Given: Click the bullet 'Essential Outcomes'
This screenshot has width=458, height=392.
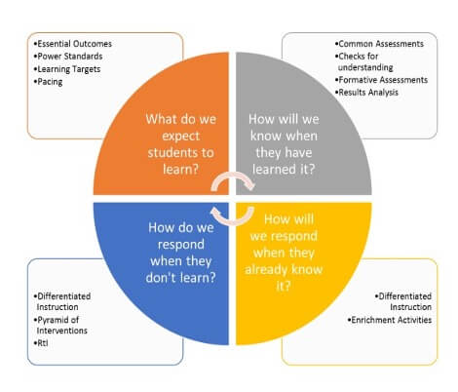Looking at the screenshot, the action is [73, 44].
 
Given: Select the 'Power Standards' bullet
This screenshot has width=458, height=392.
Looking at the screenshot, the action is [68, 57].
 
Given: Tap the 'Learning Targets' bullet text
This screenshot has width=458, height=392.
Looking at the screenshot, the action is [67, 69].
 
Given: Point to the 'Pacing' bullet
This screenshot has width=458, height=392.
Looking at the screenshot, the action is [48, 82].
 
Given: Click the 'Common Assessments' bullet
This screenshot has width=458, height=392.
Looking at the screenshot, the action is [379, 44].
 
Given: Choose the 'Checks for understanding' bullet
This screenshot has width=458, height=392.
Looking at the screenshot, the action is [364, 61].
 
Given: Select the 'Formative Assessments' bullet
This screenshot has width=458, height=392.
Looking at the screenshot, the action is [381, 80].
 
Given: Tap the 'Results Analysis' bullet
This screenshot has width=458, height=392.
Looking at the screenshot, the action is [366, 93].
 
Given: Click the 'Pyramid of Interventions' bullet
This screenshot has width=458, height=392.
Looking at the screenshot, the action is [60, 325].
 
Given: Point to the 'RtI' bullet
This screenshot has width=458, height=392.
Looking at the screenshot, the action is [41, 343].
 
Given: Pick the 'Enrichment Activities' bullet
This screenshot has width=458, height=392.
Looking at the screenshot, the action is [390, 320].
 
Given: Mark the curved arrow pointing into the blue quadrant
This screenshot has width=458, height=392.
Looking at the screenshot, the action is [233, 221].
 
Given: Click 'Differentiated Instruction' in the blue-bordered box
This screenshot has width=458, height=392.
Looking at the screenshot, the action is [62, 301].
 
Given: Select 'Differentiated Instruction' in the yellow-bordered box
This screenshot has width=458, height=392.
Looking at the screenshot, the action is [403, 301].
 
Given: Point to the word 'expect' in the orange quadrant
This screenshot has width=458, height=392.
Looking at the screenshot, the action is [180, 136].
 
